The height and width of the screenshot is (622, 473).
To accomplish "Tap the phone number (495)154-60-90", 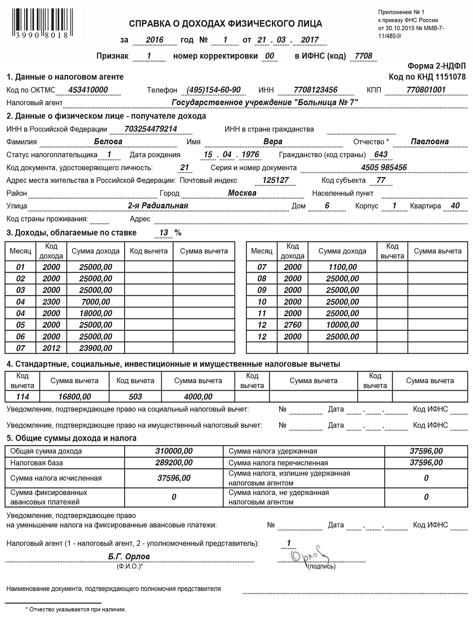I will coord(213,90).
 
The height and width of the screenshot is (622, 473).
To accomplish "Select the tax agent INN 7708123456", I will coord(316,90).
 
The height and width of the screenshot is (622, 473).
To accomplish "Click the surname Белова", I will coord(108,142).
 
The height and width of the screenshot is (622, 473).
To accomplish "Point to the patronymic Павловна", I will coord(430,142).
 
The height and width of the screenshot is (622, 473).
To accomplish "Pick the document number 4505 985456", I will coord(384,168).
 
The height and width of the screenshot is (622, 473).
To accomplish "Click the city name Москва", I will coord(242,193).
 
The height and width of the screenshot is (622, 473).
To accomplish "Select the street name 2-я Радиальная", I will coord(158,206).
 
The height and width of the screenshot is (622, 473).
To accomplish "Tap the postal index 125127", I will coord(276,180).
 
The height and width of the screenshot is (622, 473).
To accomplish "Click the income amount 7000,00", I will coord(96,302).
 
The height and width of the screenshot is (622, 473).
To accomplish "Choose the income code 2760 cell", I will coord(292,325).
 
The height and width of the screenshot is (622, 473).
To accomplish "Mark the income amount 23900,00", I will coord(96,348).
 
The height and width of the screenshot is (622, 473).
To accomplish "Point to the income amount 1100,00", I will coord(343,267).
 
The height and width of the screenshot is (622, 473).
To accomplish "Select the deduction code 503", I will coord(135,397).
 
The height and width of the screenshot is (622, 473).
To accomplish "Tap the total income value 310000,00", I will coord(174,451).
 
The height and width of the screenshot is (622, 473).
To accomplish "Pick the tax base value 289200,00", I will coord(174,463).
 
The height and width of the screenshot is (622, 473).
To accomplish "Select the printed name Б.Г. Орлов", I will coord(129,557).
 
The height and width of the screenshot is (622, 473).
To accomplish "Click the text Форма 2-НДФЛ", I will coord(436,66).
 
